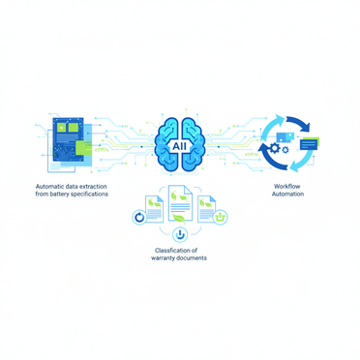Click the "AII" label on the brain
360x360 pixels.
(179, 145)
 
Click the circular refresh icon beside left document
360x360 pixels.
(138, 218)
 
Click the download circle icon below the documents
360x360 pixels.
(179, 234)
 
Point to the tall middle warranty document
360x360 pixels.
(179, 203)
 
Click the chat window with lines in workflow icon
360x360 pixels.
(308, 144)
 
